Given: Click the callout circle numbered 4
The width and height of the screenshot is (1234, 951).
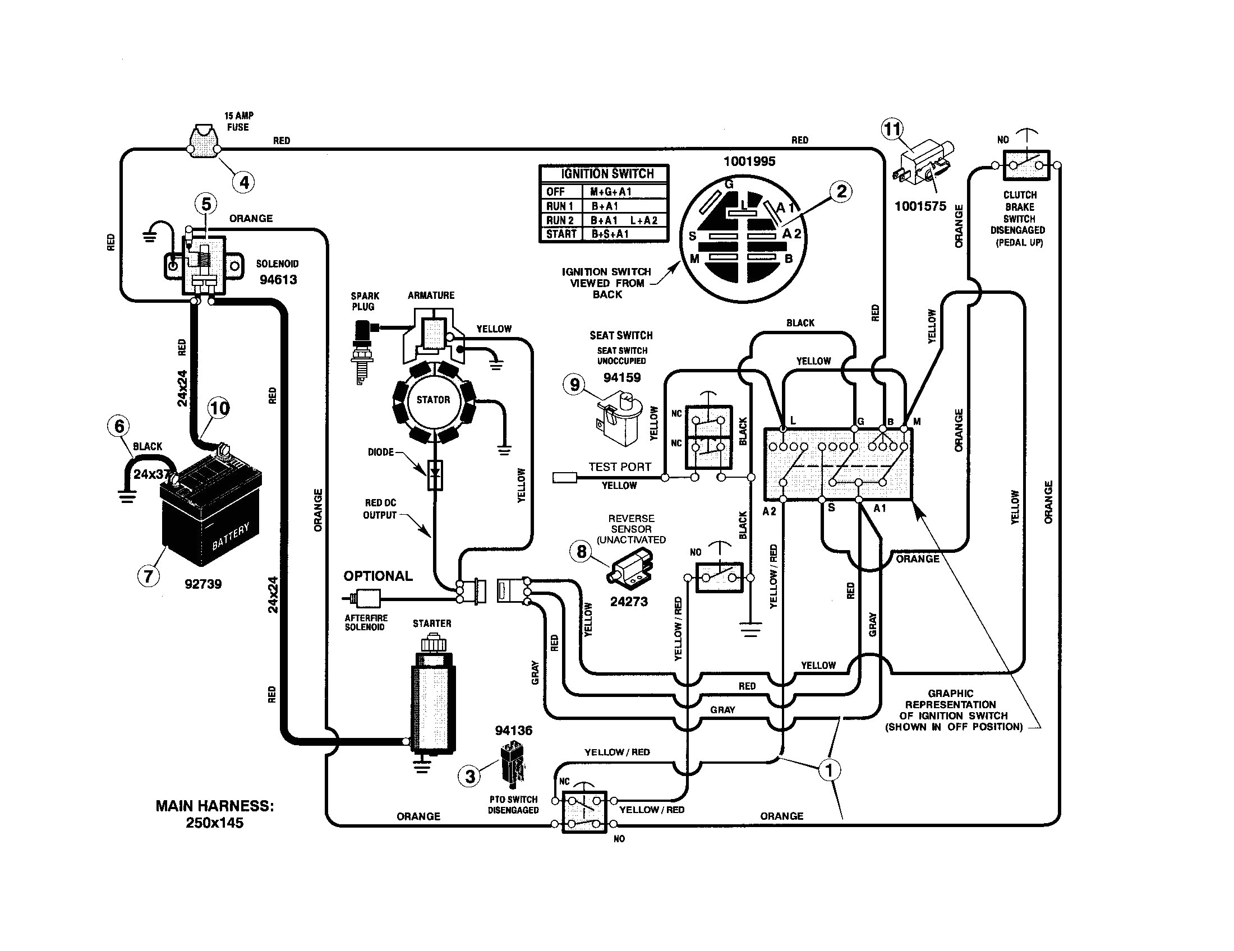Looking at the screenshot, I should (244, 182).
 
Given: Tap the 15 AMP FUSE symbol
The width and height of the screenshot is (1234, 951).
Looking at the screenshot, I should (204, 141).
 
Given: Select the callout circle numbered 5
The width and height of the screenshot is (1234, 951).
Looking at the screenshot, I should (206, 204).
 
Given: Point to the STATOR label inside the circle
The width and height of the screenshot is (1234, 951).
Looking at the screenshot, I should (434, 400).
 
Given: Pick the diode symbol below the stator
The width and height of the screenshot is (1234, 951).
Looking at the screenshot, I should (435, 475).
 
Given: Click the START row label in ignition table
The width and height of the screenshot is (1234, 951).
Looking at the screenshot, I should (561, 234).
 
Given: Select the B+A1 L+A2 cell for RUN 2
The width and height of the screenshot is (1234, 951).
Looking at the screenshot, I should (624, 220).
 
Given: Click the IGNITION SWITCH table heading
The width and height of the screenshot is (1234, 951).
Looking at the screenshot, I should (607, 174).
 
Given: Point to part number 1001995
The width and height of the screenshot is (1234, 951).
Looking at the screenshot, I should (749, 161).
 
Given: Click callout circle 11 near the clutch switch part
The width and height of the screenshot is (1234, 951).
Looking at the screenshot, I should (892, 130).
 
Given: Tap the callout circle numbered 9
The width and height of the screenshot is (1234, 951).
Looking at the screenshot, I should (574, 385).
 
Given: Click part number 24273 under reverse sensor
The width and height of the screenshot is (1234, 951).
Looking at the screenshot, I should (628, 602).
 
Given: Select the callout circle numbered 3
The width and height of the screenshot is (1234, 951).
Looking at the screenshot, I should (470, 776).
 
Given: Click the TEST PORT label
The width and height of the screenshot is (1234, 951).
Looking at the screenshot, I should (619, 467).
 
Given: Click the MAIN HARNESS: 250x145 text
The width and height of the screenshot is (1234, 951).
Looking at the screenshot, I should (215, 814).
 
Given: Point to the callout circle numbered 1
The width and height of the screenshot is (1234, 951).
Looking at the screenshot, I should (829, 770).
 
